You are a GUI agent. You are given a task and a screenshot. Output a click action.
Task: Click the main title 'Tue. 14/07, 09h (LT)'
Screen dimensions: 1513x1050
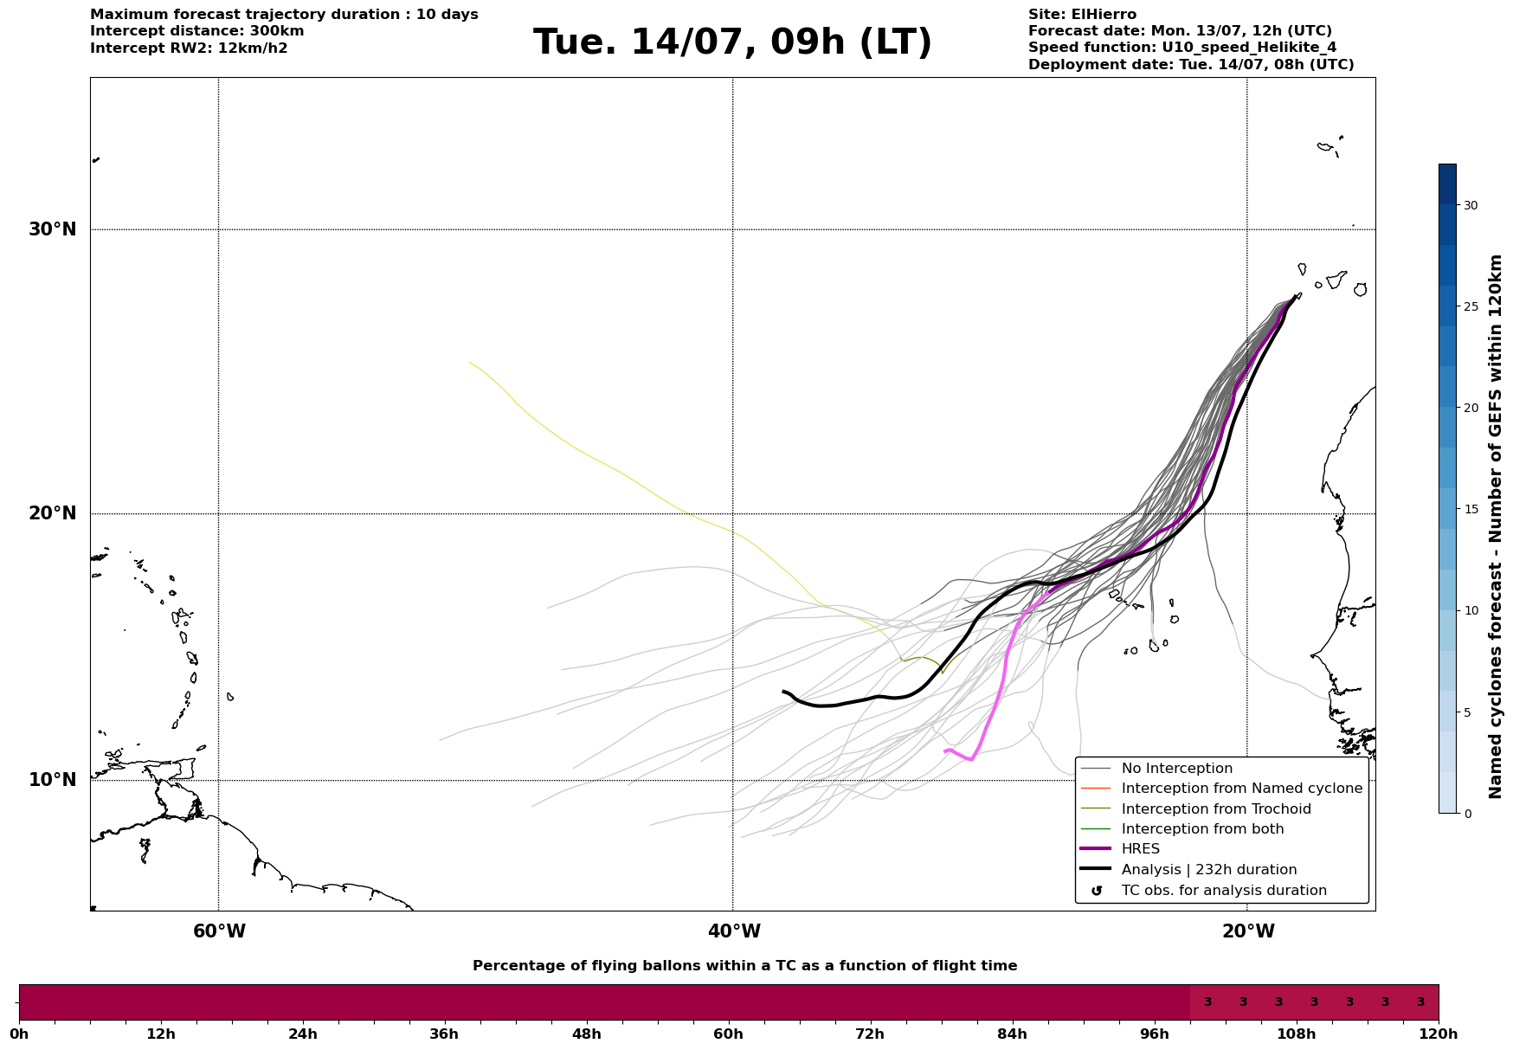coord(732,42)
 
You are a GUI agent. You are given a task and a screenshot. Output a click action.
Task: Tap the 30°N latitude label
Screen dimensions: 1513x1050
coord(53,229)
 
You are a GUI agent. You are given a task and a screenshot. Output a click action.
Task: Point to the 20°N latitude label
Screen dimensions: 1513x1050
coord(53,513)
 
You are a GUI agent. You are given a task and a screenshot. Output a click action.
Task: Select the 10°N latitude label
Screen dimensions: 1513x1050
coord(53,780)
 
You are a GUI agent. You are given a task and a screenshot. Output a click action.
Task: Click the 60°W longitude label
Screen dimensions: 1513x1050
coord(219,931)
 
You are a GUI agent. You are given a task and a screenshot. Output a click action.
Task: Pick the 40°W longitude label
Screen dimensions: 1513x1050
coord(734,931)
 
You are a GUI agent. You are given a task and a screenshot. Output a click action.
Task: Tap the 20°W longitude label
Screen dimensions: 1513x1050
coord(1248,931)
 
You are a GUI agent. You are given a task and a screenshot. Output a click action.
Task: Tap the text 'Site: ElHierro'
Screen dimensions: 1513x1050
coord(1082,15)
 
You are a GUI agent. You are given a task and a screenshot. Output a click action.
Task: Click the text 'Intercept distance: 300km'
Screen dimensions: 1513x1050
coord(197,31)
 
